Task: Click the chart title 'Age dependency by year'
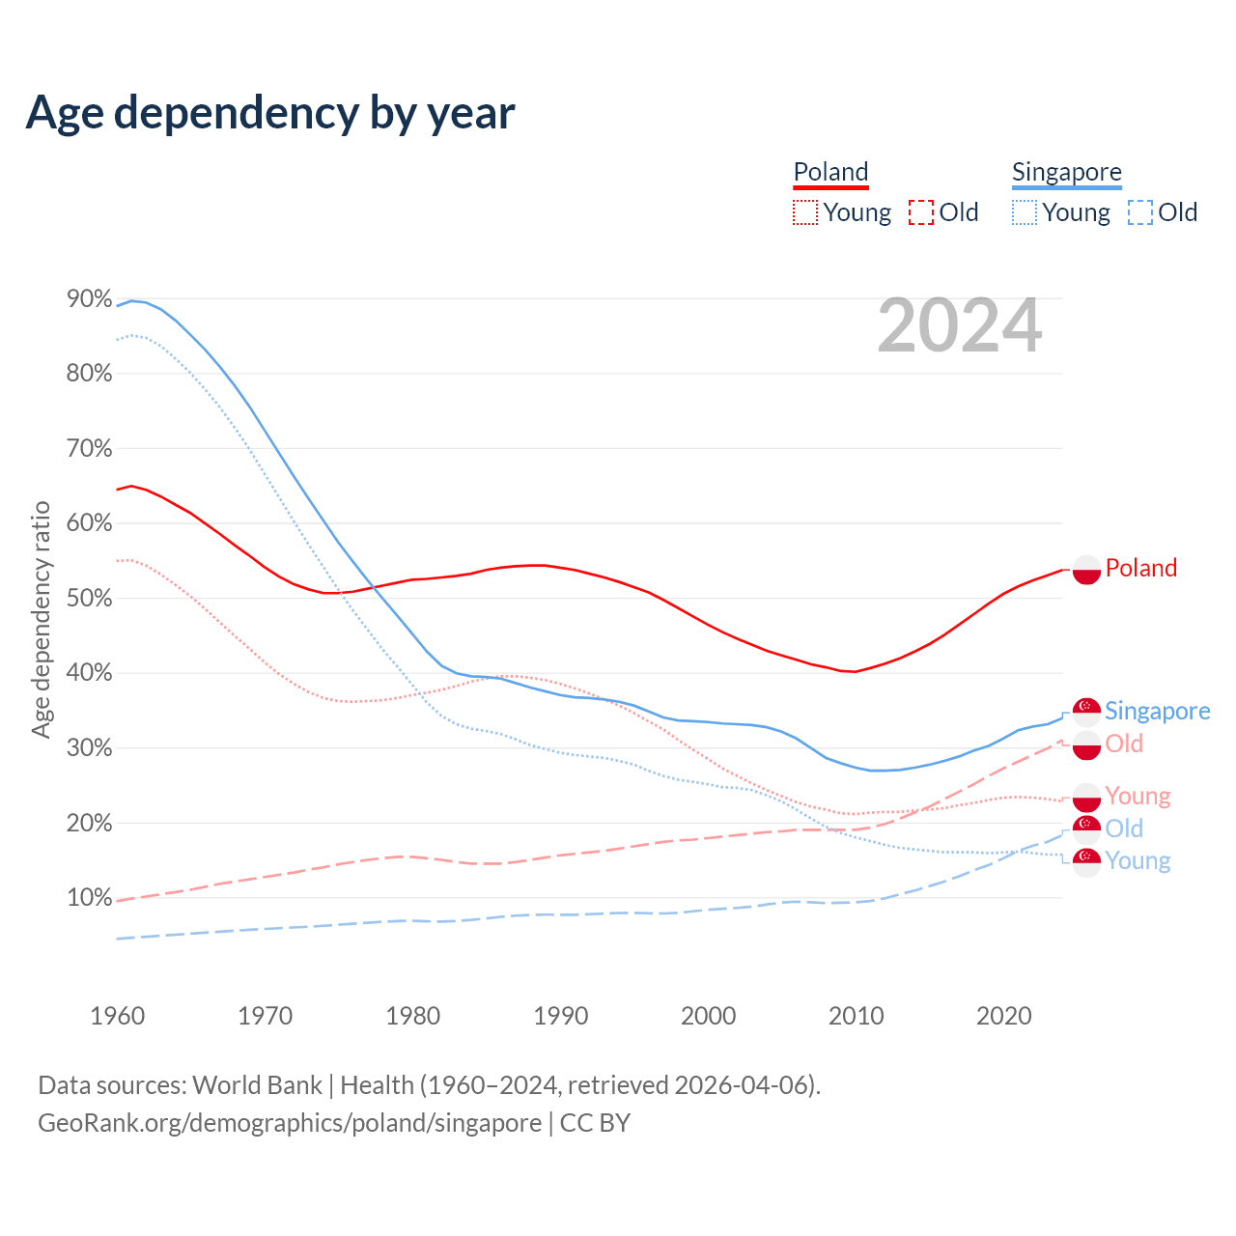[270, 113]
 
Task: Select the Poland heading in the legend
[830, 172]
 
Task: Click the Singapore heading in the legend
[1066, 172]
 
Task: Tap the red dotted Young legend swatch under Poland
[804, 212]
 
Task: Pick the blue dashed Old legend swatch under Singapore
[1140, 212]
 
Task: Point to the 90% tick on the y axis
[89, 299]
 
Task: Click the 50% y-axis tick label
[89, 599]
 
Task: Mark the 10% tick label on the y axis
[89, 898]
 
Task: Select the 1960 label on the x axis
[117, 1016]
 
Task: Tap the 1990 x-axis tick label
[561, 1016]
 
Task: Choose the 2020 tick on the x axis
[1004, 1016]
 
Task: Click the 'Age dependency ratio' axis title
[41, 619]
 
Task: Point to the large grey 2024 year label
[959, 326]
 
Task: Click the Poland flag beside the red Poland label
[1086, 570]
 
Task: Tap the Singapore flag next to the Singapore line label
[1086, 712]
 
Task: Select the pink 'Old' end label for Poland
[1124, 744]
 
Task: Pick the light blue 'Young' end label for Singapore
[1138, 860]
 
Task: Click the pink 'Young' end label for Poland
[1138, 796]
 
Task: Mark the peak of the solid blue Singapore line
[131, 300]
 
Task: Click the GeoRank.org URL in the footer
[290, 1123]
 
